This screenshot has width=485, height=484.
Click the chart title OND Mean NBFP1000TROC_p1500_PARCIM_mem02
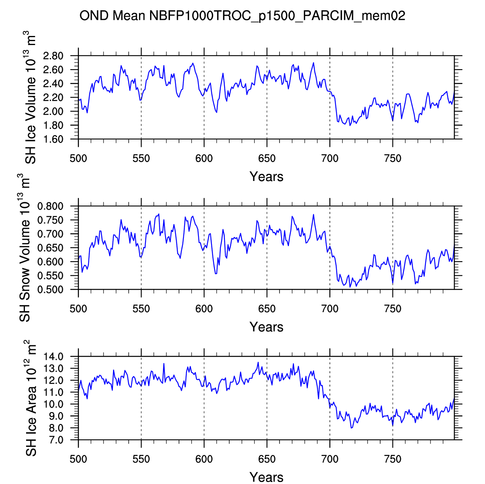[x=242, y=16]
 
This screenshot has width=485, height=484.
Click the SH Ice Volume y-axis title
[x=31, y=99]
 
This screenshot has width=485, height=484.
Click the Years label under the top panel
[x=266, y=177]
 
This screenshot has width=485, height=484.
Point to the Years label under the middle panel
[x=266, y=327]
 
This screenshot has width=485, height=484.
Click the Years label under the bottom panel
[x=266, y=477]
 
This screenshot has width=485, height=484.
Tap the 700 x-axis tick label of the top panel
[x=330, y=159]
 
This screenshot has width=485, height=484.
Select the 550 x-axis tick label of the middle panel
[x=141, y=309]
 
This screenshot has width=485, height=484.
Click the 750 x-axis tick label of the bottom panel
[x=393, y=459]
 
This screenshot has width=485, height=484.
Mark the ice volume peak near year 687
[x=313, y=62]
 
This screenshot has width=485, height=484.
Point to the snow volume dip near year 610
[x=216, y=274]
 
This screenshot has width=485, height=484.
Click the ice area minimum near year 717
[x=351, y=428]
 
